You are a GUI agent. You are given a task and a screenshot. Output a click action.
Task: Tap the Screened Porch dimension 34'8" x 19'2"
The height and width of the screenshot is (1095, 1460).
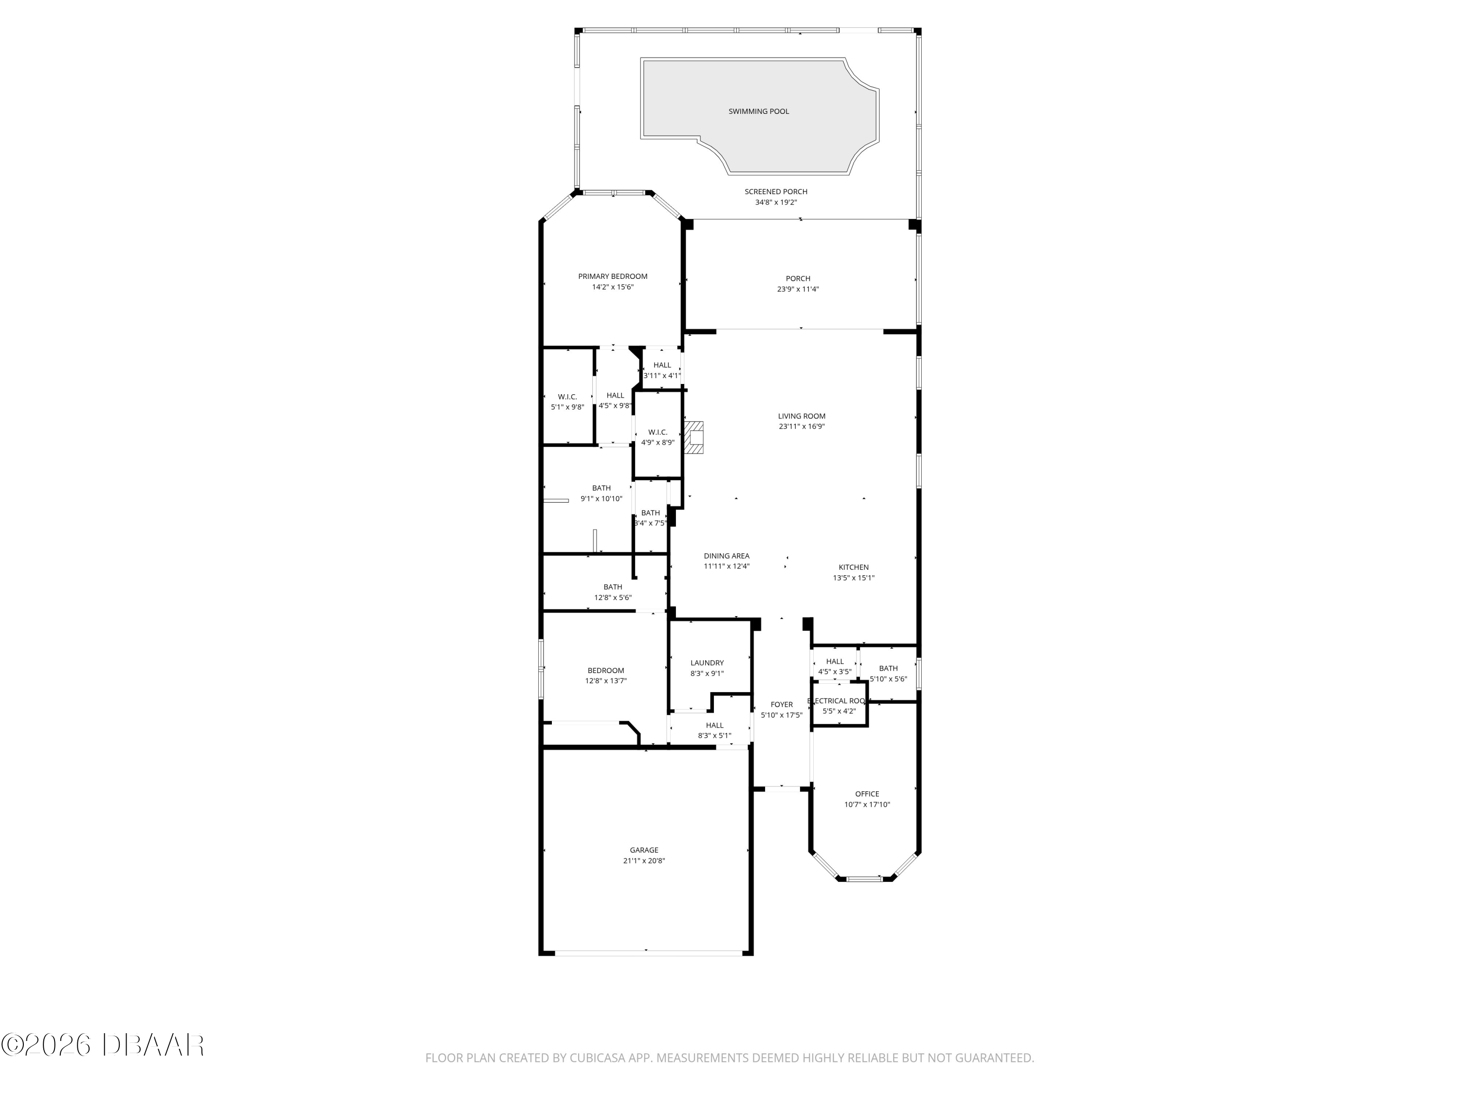776,202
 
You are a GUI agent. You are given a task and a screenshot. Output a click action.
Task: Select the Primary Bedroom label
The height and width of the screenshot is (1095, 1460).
613,276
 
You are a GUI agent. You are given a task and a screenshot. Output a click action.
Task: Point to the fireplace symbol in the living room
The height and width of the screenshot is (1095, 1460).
694,438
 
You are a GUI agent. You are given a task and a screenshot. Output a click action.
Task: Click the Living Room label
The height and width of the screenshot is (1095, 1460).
801,417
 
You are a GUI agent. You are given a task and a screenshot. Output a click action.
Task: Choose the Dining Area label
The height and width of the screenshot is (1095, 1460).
726,556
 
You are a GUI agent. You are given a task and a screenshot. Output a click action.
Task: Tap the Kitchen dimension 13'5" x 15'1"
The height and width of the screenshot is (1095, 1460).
854,578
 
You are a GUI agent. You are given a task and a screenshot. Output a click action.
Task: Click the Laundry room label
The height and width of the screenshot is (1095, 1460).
707,663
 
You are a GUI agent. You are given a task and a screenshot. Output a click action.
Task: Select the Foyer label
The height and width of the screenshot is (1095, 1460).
782,704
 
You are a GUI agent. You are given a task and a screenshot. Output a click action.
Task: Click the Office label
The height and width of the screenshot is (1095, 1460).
867,794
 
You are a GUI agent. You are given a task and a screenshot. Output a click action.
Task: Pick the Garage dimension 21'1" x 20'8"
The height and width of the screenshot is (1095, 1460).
643,861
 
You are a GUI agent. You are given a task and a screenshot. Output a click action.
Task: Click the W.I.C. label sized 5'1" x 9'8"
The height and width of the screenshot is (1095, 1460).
567,397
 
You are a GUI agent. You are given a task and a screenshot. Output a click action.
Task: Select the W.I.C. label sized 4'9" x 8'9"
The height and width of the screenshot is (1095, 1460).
657,432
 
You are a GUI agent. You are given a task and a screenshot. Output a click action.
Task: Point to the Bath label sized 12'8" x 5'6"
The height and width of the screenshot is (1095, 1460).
613,587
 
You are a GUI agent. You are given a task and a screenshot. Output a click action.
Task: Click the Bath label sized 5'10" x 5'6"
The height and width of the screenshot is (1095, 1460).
888,668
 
